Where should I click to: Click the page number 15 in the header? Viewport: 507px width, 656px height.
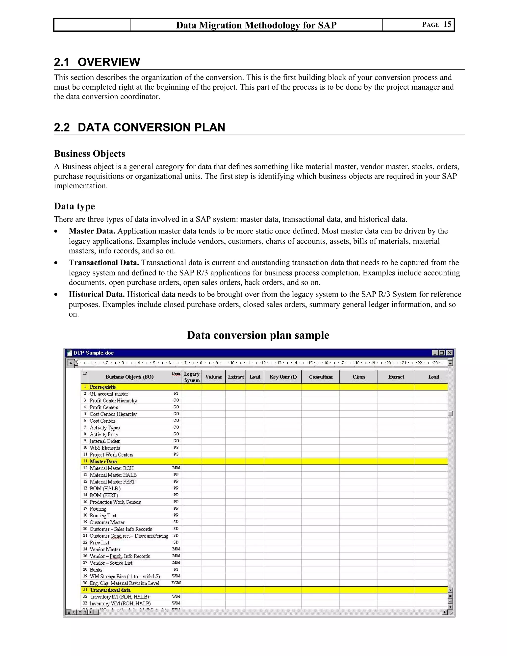[447, 24]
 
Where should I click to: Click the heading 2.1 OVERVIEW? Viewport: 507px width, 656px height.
[97, 62]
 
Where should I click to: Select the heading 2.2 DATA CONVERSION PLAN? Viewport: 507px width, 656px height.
[139, 127]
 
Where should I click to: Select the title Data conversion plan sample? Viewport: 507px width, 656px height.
[258, 335]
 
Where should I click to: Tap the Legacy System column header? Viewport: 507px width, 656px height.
[192, 377]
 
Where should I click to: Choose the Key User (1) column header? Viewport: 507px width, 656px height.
[283, 377]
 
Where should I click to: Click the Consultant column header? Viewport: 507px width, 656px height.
[321, 377]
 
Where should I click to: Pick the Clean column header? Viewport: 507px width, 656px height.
[359, 377]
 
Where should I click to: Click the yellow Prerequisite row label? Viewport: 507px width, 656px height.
[103, 387]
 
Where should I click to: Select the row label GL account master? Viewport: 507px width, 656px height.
[109, 394]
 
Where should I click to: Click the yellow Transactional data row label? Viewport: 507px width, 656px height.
[110, 590]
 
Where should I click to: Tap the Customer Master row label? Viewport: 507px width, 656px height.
[107, 522]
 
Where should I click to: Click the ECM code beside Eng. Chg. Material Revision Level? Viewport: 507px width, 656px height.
[176, 583]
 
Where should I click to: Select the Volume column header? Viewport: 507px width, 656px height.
[214, 377]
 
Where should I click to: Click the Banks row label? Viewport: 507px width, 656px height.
[96, 570]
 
